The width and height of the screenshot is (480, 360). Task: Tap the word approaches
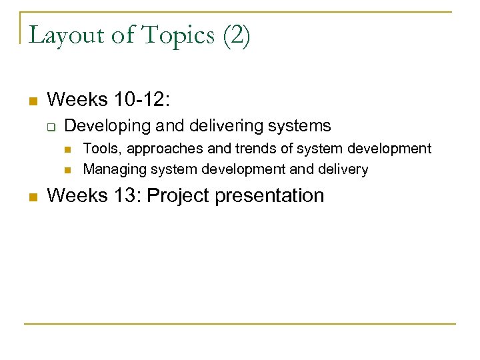[x=159, y=149]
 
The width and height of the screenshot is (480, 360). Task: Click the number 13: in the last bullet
[x=133, y=195]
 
